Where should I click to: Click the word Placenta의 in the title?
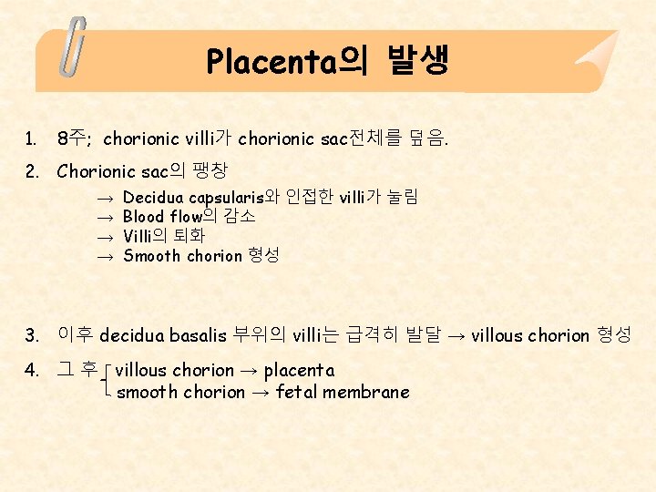(x=286, y=61)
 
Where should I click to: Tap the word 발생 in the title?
(x=417, y=61)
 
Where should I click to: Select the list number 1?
(x=32, y=138)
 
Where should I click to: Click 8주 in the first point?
(x=70, y=138)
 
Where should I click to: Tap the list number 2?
(x=32, y=170)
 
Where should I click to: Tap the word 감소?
(x=241, y=217)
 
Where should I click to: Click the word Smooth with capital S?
(x=152, y=256)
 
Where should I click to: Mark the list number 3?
(x=32, y=334)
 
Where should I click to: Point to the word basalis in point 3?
(x=198, y=335)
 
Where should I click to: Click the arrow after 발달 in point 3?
(x=456, y=335)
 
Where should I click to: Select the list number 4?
(x=32, y=370)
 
